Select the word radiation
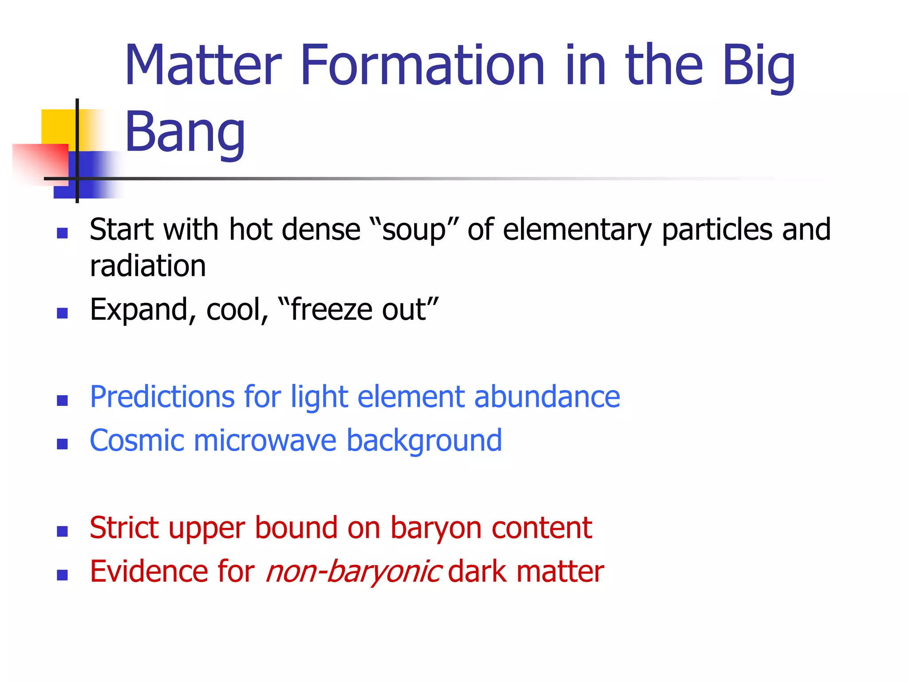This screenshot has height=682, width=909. (x=147, y=266)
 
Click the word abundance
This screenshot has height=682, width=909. (x=547, y=397)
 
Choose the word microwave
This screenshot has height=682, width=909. (x=265, y=441)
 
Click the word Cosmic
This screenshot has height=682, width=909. (x=137, y=441)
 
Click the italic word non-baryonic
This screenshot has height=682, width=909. (x=353, y=572)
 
